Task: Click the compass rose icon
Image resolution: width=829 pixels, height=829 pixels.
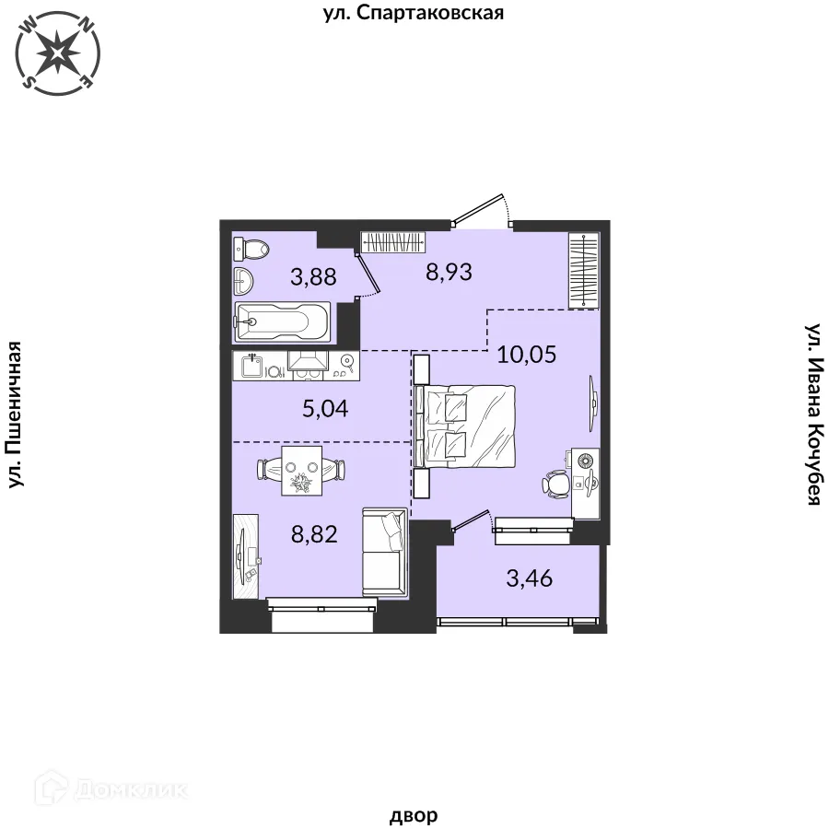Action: pyautogui.click(x=58, y=53)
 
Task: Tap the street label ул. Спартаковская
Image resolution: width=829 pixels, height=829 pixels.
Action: pyautogui.click(x=414, y=13)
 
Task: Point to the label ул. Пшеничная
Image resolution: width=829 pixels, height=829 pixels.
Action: pyautogui.click(x=16, y=414)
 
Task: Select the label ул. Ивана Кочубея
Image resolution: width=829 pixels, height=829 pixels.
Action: pyautogui.click(x=813, y=414)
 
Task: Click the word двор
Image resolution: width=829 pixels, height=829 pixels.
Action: pyautogui.click(x=414, y=815)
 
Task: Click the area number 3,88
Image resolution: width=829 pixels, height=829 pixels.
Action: pyautogui.click(x=313, y=276)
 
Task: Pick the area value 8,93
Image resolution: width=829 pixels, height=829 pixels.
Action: pyautogui.click(x=449, y=273)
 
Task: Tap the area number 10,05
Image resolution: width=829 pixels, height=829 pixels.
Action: pyautogui.click(x=527, y=355)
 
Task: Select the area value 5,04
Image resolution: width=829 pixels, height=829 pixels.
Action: pyautogui.click(x=325, y=409)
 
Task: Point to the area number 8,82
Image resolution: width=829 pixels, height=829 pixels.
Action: pyautogui.click(x=314, y=534)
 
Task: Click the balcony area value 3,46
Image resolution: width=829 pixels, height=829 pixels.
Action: pyautogui.click(x=530, y=578)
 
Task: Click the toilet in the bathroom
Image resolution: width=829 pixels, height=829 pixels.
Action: pyautogui.click(x=251, y=248)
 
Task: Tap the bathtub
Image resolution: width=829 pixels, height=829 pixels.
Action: pyautogui.click(x=282, y=321)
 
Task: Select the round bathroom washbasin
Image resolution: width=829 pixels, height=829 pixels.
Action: pyautogui.click(x=244, y=280)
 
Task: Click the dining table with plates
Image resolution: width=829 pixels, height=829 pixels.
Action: pyautogui.click(x=302, y=471)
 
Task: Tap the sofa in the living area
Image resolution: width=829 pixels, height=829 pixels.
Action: pyautogui.click(x=384, y=553)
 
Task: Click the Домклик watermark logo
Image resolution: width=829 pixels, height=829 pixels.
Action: pyautogui.click(x=111, y=790)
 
